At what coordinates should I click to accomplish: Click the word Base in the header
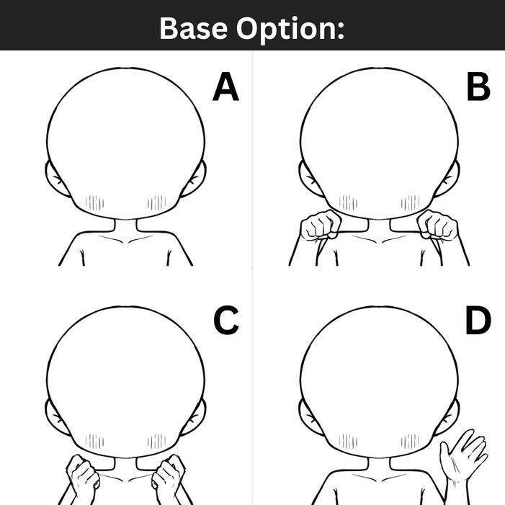pyautogui.click(x=194, y=28)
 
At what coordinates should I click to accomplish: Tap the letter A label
pyautogui.click(x=225, y=86)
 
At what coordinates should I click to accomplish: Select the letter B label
pyautogui.click(x=478, y=86)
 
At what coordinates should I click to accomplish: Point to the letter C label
pyautogui.click(x=226, y=320)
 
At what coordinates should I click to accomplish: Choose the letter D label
pyautogui.click(x=478, y=320)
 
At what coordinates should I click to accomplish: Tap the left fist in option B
pyautogui.click(x=321, y=225)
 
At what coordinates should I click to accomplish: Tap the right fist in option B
pyautogui.click(x=437, y=225)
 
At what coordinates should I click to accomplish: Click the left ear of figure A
pyautogui.click(x=55, y=179)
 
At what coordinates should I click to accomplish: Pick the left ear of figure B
pyautogui.click(x=309, y=179)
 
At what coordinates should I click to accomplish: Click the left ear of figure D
pyautogui.click(x=309, y=418)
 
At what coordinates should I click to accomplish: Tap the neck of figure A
pyautogui.click(x=125, y=225)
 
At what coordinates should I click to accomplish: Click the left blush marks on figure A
pyautogui.click(x=95, y=203)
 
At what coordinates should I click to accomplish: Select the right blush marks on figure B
pyautogui.click(x=411, y=203)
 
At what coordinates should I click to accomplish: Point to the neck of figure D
pyautogui.click(x=379, y=464)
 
